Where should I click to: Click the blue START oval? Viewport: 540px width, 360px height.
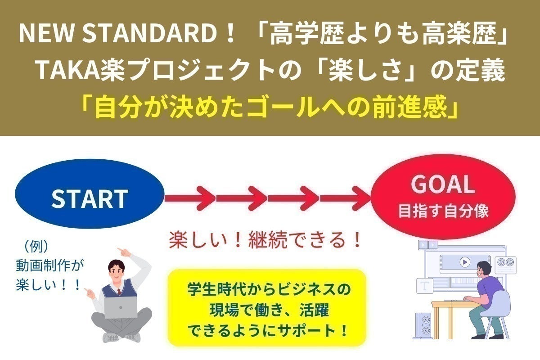click(90, 198)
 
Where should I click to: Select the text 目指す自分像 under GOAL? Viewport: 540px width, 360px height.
click(443, 211)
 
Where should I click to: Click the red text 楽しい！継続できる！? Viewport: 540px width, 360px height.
click(265, 242)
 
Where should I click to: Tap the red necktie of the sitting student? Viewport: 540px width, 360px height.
click(119, 290)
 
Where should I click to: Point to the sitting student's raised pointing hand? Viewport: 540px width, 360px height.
click(124, 252)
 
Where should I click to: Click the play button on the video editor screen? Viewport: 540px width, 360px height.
click(465, 262)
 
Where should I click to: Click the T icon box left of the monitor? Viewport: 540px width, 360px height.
click(424, 284)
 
